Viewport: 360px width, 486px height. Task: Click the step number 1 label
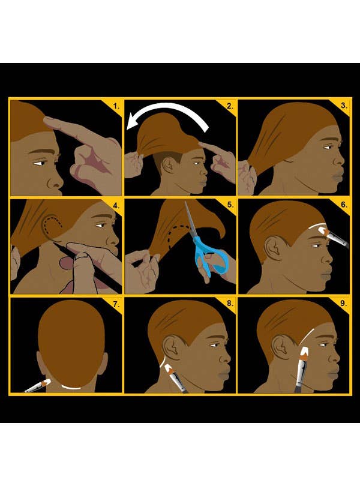[x=116, y=107]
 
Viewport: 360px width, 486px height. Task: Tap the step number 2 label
[x=230, y=107]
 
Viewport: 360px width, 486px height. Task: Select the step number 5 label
[x=230, y=205]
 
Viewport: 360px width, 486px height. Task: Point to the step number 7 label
[x=116, y=304]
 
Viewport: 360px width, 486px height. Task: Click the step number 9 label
[x=343, y=303]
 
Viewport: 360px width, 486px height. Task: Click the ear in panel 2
[x=169, y=165]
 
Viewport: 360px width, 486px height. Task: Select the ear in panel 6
[x=274, y=248]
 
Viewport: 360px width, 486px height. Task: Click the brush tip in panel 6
[x=323, y=230]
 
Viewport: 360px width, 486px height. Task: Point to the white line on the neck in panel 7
[x=73, y=388]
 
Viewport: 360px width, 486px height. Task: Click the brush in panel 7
[x=38, y=386]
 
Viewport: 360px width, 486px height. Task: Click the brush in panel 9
[x=302, y=370]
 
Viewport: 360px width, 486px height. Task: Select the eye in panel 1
[x=40, y=163]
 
